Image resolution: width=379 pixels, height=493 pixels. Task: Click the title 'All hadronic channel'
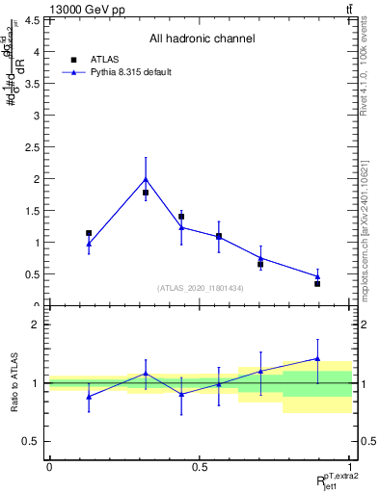(x=202, y=39)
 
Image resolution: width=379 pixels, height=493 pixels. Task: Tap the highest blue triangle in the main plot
(x=146, y=178)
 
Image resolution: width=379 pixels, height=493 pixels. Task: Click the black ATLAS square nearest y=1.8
(x=146, y=193)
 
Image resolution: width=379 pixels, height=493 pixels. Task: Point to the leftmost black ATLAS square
(x=89, y=233)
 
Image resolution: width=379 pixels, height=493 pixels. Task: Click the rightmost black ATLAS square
(x=317, y=283)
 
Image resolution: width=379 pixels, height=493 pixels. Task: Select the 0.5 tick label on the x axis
(x=200, y=467)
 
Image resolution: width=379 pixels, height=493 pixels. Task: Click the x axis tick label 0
(x=49, y=467)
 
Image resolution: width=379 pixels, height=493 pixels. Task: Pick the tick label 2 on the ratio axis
(x=36, y=324)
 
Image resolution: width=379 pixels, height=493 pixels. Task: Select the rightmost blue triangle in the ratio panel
(x=317, y=358)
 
